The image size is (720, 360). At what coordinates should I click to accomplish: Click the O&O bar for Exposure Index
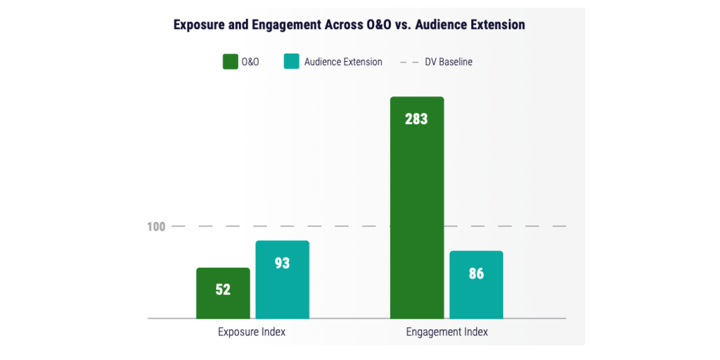pos(223,302)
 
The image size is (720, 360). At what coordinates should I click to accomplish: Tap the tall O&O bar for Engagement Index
pos(417,211)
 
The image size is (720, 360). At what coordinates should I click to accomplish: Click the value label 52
pos(223,289)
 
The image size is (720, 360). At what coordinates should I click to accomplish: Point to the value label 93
pos(282,264)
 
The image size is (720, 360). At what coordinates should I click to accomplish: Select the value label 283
pos(416,119)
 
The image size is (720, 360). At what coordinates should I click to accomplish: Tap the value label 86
pos(476,274)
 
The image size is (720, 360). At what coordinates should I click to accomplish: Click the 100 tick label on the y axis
pos(156,226)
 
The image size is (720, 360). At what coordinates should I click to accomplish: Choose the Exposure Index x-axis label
pos(252,332)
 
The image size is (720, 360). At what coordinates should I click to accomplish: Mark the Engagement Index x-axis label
pos(446,332)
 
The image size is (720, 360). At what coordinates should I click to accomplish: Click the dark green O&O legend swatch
pos(230,62)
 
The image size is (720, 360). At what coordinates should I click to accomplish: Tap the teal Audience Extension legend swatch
pos(291,62)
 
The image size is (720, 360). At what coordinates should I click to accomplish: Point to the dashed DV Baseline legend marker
pos(409,62)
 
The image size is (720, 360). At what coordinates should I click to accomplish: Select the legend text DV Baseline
pos(449,62)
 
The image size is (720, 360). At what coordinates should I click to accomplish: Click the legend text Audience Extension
pos(343,62)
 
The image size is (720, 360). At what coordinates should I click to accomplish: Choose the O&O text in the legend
pos(250,62)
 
